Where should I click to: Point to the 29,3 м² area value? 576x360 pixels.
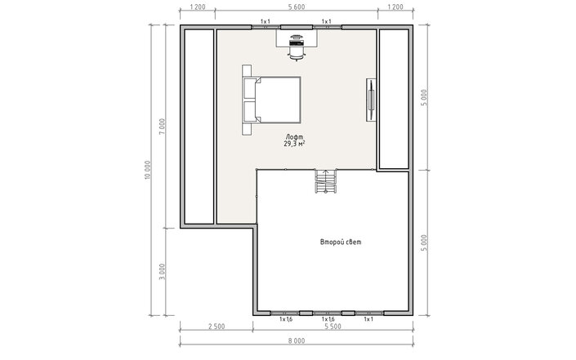[295, 144]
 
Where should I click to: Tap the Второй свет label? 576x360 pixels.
[341, 242]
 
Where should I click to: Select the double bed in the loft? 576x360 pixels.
[272, 100]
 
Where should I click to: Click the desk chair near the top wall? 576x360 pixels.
[297, 54]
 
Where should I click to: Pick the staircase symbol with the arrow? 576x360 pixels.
[325, 181]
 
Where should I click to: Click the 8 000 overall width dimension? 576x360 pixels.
[297, 341]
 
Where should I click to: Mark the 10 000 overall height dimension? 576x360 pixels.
[147, 170]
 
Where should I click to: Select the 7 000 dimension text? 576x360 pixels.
[163, 127]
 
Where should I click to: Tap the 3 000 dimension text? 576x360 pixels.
[163, 271]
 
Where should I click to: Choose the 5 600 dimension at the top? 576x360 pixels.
[297, 7]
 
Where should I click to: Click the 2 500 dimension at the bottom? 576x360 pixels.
[217, 327]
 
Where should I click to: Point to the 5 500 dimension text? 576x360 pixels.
[333, 327]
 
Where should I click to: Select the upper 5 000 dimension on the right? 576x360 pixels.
[424, 98]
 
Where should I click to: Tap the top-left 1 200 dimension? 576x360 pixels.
[197, 7]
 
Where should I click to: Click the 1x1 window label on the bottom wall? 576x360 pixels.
[368, 319]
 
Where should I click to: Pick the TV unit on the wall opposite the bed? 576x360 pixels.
[372, 100]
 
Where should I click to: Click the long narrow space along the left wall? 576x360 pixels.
[199, 127]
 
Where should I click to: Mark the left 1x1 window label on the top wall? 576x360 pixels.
[266, 21]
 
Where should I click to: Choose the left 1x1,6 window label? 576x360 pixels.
[286, 319]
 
